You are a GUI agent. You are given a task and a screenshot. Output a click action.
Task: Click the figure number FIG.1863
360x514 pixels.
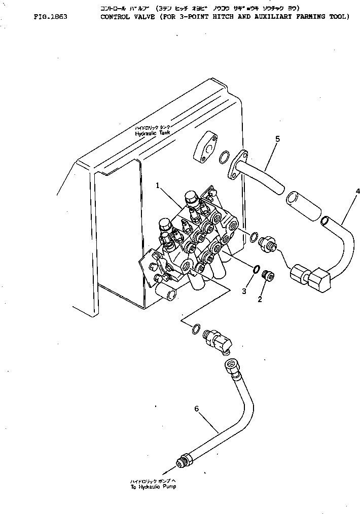[x=51, y=17]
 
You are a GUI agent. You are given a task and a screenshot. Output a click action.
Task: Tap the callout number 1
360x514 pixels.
[x=158, y=186]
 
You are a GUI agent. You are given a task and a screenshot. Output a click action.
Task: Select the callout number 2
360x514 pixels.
[x=260, y=299]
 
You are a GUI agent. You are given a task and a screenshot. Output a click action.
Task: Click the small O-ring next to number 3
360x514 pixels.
[x=256, y=269]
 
